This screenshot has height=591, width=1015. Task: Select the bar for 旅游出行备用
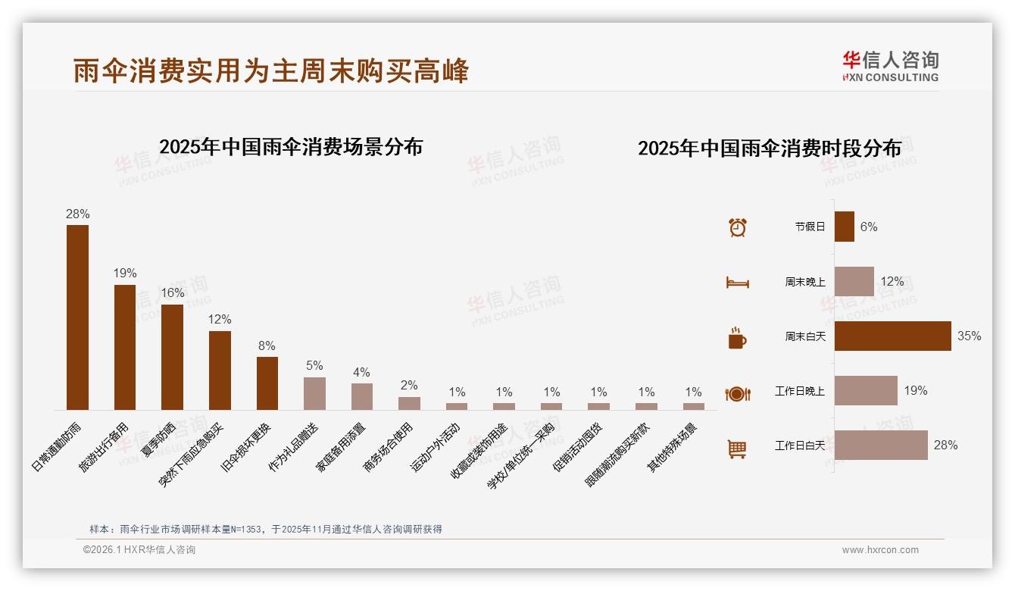125,347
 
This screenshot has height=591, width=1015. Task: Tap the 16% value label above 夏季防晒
173,292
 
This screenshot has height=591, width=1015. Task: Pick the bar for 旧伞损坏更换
267,383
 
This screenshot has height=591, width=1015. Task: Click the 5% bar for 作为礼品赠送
314,393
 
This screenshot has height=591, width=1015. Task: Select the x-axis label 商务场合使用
389,447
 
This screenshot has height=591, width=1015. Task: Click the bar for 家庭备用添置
362,396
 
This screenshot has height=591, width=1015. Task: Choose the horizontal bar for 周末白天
892,336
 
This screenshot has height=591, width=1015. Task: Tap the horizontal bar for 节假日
844,227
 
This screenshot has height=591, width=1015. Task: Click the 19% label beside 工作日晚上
915,390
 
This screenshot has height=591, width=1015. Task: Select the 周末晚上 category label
804,282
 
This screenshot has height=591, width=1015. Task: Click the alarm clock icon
737,227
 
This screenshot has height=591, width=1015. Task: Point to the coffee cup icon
737,338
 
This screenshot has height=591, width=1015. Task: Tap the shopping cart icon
737,449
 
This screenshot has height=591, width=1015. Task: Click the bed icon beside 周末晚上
737,283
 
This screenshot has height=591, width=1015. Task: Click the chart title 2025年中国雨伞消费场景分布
291,147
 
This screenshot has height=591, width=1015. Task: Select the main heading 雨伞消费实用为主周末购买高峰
271,70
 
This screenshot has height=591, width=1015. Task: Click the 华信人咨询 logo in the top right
890,66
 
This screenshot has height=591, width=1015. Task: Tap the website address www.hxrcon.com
880,550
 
